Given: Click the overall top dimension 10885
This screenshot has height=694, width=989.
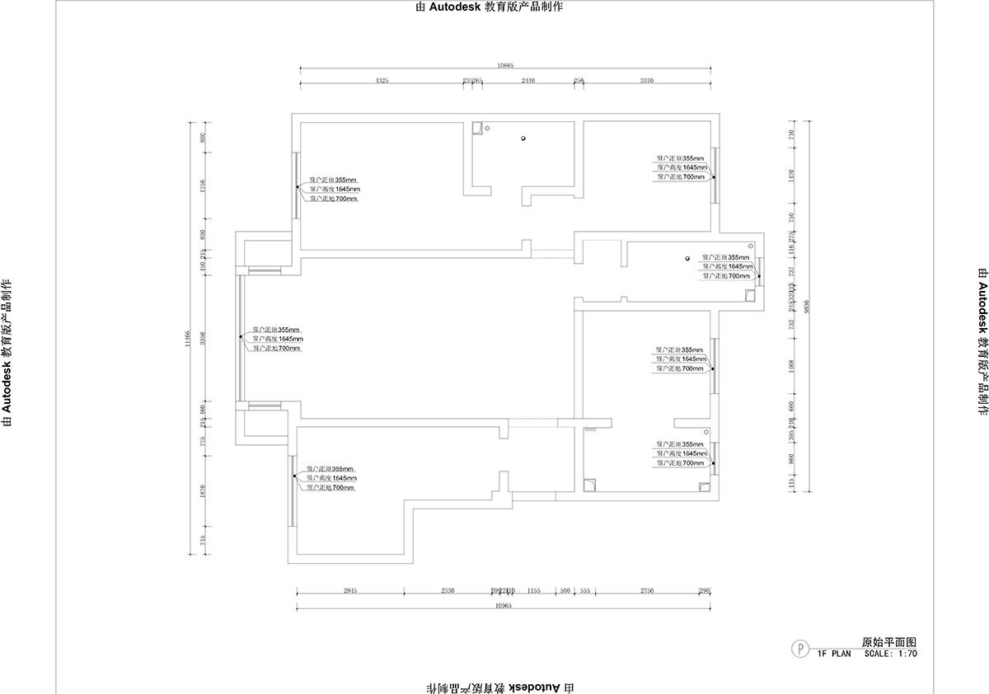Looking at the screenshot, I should pos(506,65).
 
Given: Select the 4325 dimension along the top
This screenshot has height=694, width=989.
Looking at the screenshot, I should pos(382,81).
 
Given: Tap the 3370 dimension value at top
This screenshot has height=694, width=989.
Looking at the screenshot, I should pos(647,81).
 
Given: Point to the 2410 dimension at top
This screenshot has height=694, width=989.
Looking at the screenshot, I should pos(528,81).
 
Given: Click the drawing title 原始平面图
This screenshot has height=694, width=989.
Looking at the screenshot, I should pos(889,641).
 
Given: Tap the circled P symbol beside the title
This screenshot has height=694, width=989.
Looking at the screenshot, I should pos(799,648).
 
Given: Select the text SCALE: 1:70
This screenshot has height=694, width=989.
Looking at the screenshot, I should pos(890,654).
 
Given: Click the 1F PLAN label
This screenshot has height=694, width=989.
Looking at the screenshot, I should pos(834,654).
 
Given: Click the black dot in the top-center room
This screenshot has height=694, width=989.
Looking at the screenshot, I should pos(523,138).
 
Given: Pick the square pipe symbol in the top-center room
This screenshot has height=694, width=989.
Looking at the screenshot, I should pos(476,129).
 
